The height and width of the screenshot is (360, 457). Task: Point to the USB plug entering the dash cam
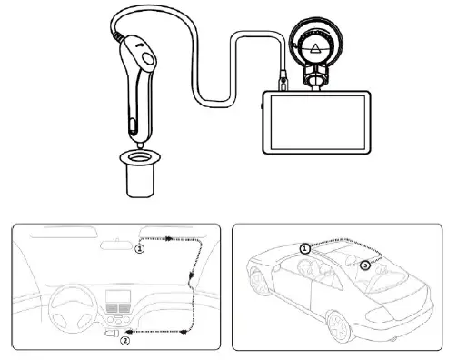(x=283, y=82)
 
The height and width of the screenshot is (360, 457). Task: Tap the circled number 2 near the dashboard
(x=125, y=342)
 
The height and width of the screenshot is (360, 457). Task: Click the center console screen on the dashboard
(x=118, y=300)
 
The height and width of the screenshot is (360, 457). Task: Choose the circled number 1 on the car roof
(x=305, y=245)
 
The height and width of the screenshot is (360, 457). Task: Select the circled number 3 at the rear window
(x=364, y=265)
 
